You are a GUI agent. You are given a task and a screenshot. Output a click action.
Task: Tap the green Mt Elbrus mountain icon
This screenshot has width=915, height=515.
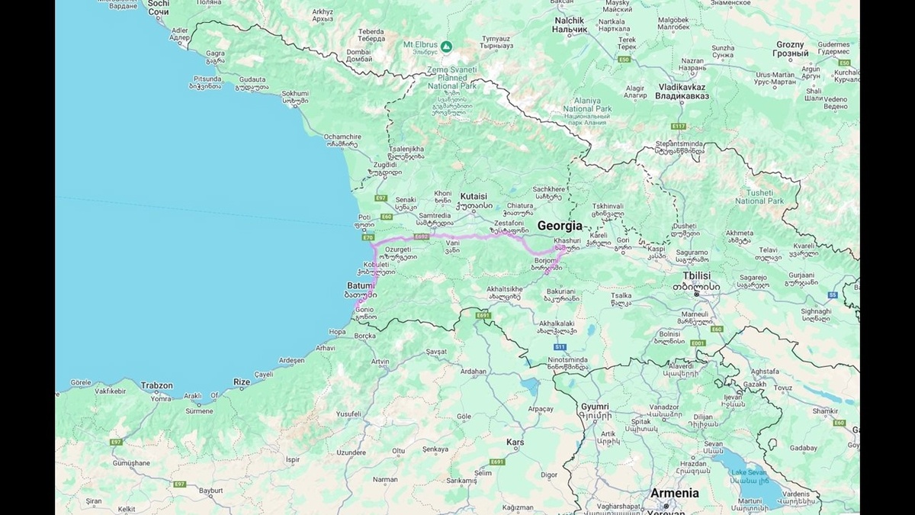pos(446,47)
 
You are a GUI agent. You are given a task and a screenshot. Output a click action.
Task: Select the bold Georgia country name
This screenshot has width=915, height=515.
pos(560,226)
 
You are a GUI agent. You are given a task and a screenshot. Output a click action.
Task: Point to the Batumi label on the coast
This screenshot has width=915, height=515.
pos(361,285)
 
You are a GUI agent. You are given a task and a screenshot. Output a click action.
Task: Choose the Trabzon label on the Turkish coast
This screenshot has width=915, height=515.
pos(156,386)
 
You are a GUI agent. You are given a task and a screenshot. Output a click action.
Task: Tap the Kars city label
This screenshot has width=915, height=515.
pos(515,443)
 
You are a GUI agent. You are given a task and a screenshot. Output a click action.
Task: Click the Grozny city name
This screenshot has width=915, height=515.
pos(791,45)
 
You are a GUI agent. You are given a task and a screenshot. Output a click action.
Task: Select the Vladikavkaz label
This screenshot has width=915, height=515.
pos(682,87)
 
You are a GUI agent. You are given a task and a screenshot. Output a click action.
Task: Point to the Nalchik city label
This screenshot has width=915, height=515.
pos(570,20)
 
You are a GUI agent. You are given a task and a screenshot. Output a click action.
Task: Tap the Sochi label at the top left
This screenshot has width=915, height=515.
pos(159,4)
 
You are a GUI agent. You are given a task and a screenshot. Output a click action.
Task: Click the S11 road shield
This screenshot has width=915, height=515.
pos(560,347)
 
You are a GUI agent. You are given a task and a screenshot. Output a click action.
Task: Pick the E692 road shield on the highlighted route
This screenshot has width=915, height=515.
pos(422,237)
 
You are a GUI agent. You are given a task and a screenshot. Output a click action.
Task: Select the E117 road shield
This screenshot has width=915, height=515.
pos(679,126)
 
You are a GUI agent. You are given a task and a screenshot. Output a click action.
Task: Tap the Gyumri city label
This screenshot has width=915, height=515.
pos(596,407)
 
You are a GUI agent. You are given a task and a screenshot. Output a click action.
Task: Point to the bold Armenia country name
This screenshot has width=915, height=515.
pos(674,494)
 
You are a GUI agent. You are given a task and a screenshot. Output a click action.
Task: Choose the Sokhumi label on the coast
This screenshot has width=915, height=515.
pos(295,93)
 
